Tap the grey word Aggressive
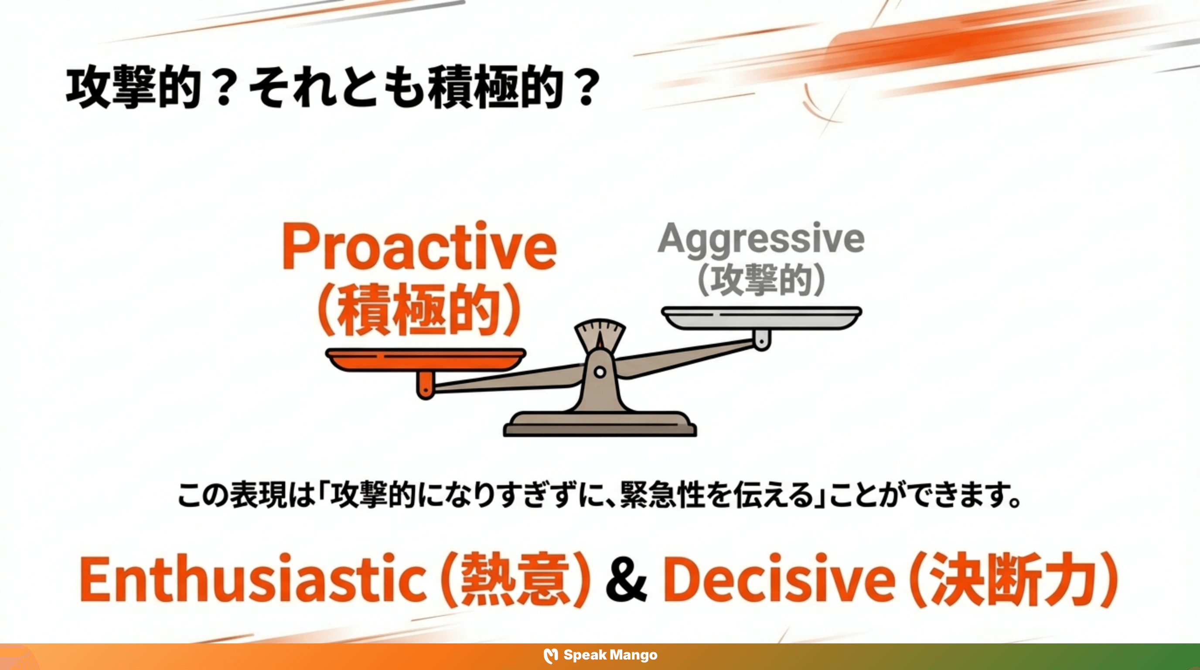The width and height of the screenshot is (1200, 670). coord(761,239)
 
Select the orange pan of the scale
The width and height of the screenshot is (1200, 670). coord(426,359)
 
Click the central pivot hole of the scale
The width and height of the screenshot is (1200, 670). coord(600,372)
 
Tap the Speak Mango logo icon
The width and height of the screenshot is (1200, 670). coord(551,656)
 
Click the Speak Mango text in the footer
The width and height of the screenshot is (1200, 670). coord(610,655)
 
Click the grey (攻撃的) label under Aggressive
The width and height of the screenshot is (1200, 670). coord(761,281)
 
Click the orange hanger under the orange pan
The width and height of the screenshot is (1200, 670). coord(424,386)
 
